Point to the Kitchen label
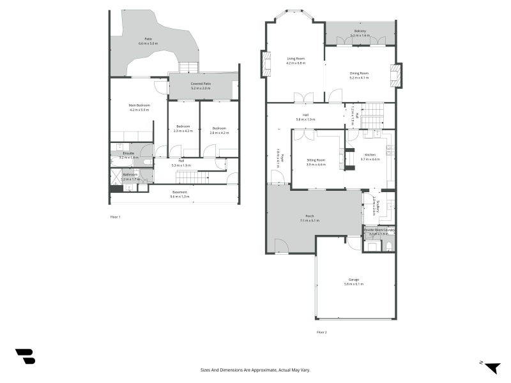[370, 155]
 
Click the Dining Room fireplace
[396, 75]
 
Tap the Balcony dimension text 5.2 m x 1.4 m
[360, 36]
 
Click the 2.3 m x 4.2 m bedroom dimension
[183, 131]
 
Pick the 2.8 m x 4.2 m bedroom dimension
[219, 131]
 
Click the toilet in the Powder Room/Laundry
[388, 246]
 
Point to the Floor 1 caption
[115, 217]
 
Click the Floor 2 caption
[321, 332]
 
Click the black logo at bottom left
[25, 356]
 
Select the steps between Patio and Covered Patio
[188, 67]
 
